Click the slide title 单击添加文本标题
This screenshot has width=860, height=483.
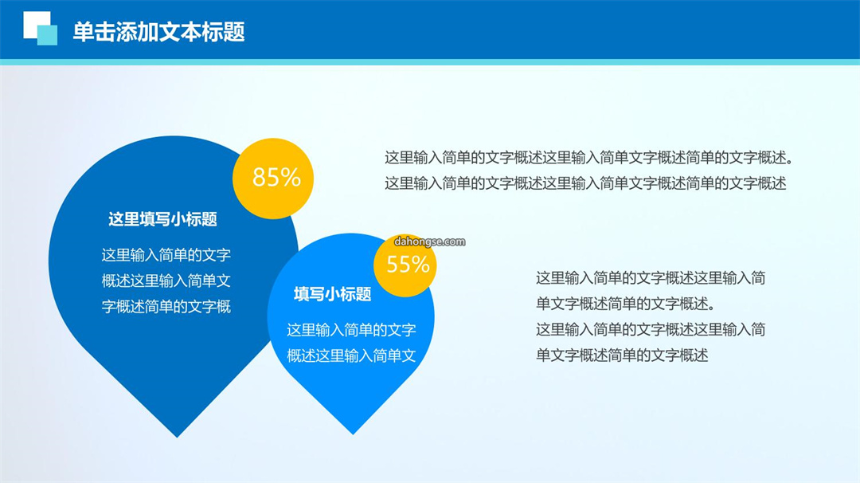[x=158, y=32]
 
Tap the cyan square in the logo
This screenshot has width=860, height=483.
[x=47, y=35]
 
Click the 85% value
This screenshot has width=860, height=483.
[x=276, y=177]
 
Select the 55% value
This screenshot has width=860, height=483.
[x=408, y=265]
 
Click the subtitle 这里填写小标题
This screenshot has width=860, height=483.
[x=163, y=219]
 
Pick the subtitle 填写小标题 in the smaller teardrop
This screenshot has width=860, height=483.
[x=332, y=294]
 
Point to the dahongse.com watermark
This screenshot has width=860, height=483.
[x=429, y=241]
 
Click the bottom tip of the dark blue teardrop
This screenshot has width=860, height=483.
[x=177, y=437]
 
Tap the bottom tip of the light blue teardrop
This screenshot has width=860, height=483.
[x=353, y=434]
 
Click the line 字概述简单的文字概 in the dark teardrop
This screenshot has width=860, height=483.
[x=166, y=306]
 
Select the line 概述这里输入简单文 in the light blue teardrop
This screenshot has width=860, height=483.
[x=351, y=355]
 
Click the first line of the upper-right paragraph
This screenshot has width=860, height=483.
[x=589, y=158]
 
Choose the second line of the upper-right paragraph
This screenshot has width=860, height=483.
[x=585, y=183]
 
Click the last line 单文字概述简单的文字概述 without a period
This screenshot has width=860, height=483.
[x=622, y=355]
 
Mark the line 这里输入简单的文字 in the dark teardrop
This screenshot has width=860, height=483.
[x=166, y=255]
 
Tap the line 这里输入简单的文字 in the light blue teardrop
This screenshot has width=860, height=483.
[x=351, y=330]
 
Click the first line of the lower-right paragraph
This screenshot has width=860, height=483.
[x=651, y=278]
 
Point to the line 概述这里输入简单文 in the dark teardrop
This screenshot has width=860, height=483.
[x=166, y=281]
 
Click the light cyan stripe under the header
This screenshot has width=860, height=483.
[x=430, y=62]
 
